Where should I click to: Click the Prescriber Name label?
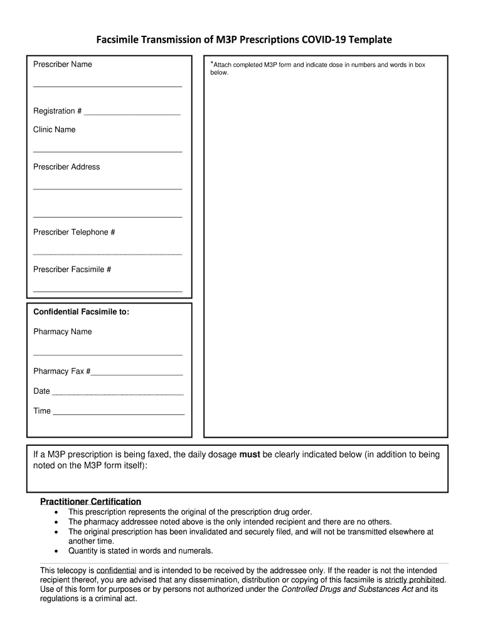coord(62,65)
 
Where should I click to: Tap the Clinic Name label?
coord(54,130)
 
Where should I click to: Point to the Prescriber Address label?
coord(66,167)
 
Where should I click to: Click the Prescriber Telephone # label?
coord(74,232)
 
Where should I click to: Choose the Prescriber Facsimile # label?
coord(72,270)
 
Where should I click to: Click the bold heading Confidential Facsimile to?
coord(81,312)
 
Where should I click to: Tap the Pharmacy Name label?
coord(62,332)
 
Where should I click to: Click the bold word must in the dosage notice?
coord(250,455)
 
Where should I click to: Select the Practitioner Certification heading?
coord(90,502)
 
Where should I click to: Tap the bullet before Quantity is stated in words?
coord(56,552)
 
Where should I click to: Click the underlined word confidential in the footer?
coord(116,571)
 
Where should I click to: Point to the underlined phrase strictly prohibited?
coord(414,580)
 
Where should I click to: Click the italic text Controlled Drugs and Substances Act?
coord(346,589)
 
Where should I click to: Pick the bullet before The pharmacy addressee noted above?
coord(56,522)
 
